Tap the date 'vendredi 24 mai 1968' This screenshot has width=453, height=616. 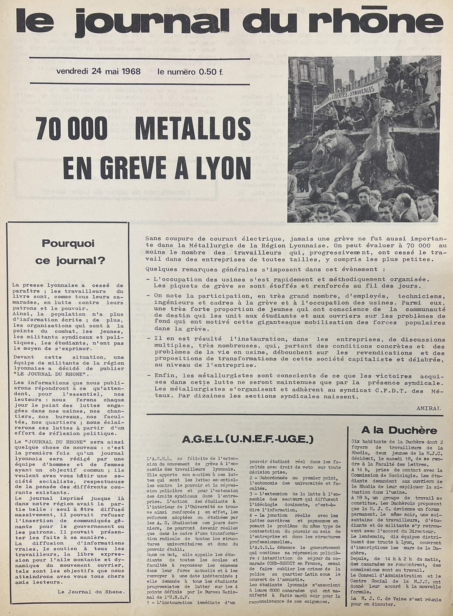pyautogui.click(x=98, y=72)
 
